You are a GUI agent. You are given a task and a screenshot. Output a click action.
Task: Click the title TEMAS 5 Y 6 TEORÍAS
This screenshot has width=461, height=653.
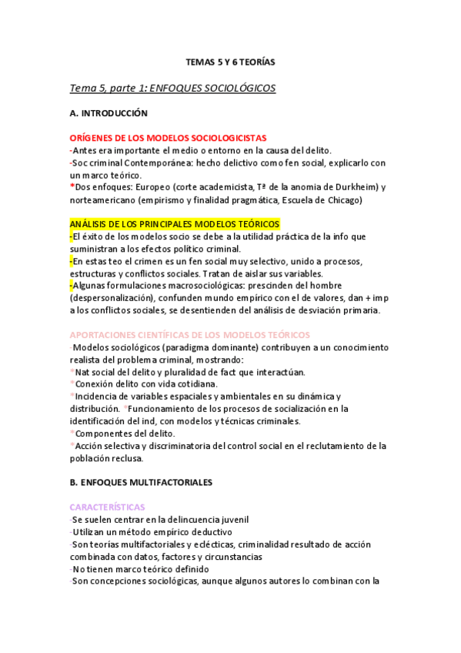[230, 61]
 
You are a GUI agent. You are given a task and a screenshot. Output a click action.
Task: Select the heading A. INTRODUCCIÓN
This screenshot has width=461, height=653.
[108, 113]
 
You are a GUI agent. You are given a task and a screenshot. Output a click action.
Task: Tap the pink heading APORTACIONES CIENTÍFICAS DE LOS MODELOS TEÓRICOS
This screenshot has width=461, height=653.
[189, 335]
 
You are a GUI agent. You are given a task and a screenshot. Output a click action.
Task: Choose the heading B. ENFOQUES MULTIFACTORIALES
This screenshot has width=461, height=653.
[140, 482]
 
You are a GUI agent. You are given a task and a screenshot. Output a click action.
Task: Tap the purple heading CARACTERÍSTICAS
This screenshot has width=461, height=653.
[107, 507]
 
